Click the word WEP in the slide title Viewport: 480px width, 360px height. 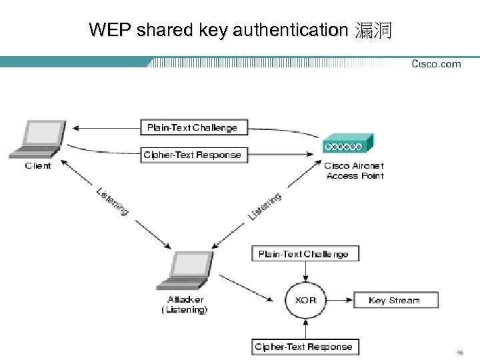pyautogui.click(x=107, y=30)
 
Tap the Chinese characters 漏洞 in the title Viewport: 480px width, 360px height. pyautogui.click(x=373, y=30)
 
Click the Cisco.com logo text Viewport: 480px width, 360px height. pyautogui.click(x=436, y=64)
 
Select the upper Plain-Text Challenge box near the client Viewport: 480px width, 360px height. pyautogui.click(x=192, y=127)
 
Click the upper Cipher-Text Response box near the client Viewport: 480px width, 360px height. pyautogui.click(x=192, y=155)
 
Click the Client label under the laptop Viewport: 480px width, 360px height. pyautogui.click(x=38, y=166)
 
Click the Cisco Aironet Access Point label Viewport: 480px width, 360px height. pyautogui.click(x=355, y=171)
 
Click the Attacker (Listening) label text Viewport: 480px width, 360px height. pyautogui.click(x=185, y=305)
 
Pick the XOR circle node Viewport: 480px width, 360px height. pyautogui.click(x=305, y=300)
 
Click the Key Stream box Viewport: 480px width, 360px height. pyautogui.click(x=395, y=300)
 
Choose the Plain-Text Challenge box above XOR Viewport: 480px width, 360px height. pyautogui.click(x=303, y=254)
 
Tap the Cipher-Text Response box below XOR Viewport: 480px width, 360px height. pyautogui.click(x=303, y=347)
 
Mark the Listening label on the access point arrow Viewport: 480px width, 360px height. pyautogui.click(x=265, y=206)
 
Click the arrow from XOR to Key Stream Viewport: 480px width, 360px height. pyautogui.click(x=339, y=300)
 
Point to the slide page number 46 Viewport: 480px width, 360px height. pyautogui.click(x=460, y=351)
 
